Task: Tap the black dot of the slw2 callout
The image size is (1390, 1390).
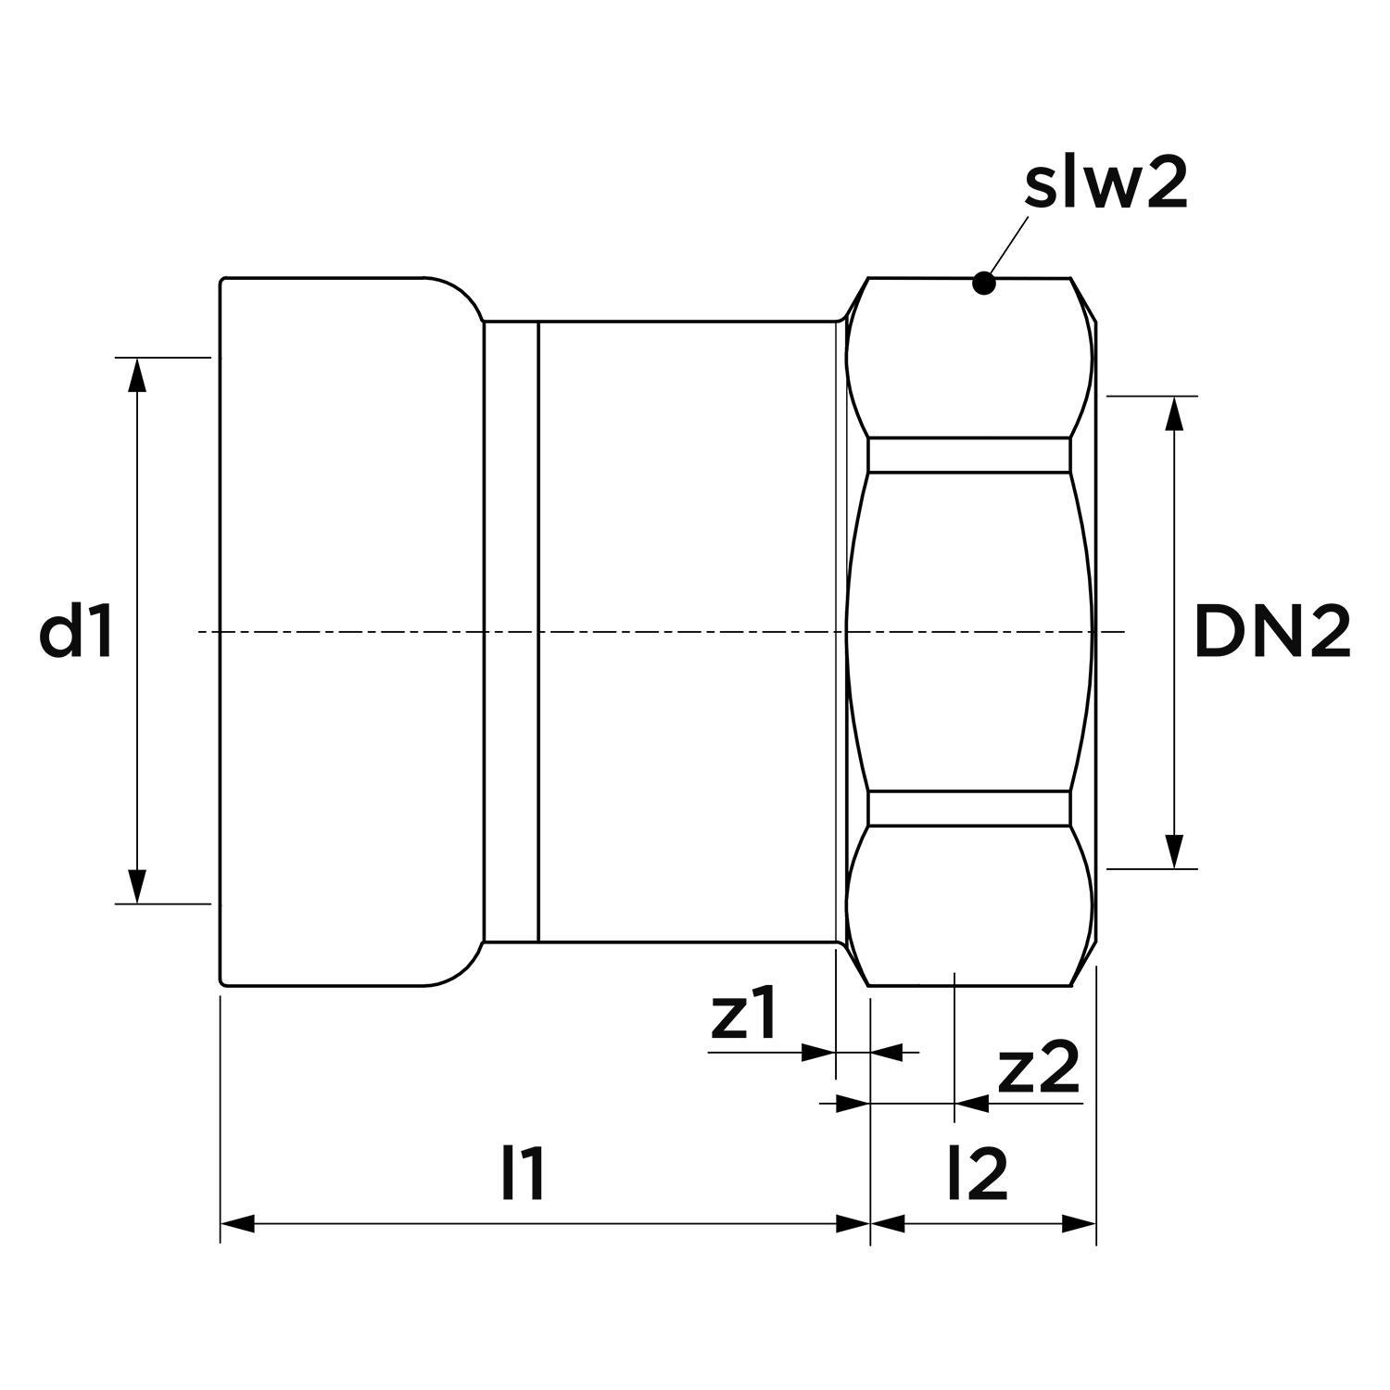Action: [x=984, y=284]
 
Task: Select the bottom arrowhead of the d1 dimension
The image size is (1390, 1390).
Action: [x=137, y=886]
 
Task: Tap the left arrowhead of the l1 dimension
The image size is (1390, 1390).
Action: [x=237, y=1224]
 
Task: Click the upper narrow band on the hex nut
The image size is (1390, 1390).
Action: [x=969, y=455]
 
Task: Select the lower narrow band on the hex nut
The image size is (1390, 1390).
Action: [x=969, y=808]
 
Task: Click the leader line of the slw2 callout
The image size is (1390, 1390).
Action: [x=1009, y=245]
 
